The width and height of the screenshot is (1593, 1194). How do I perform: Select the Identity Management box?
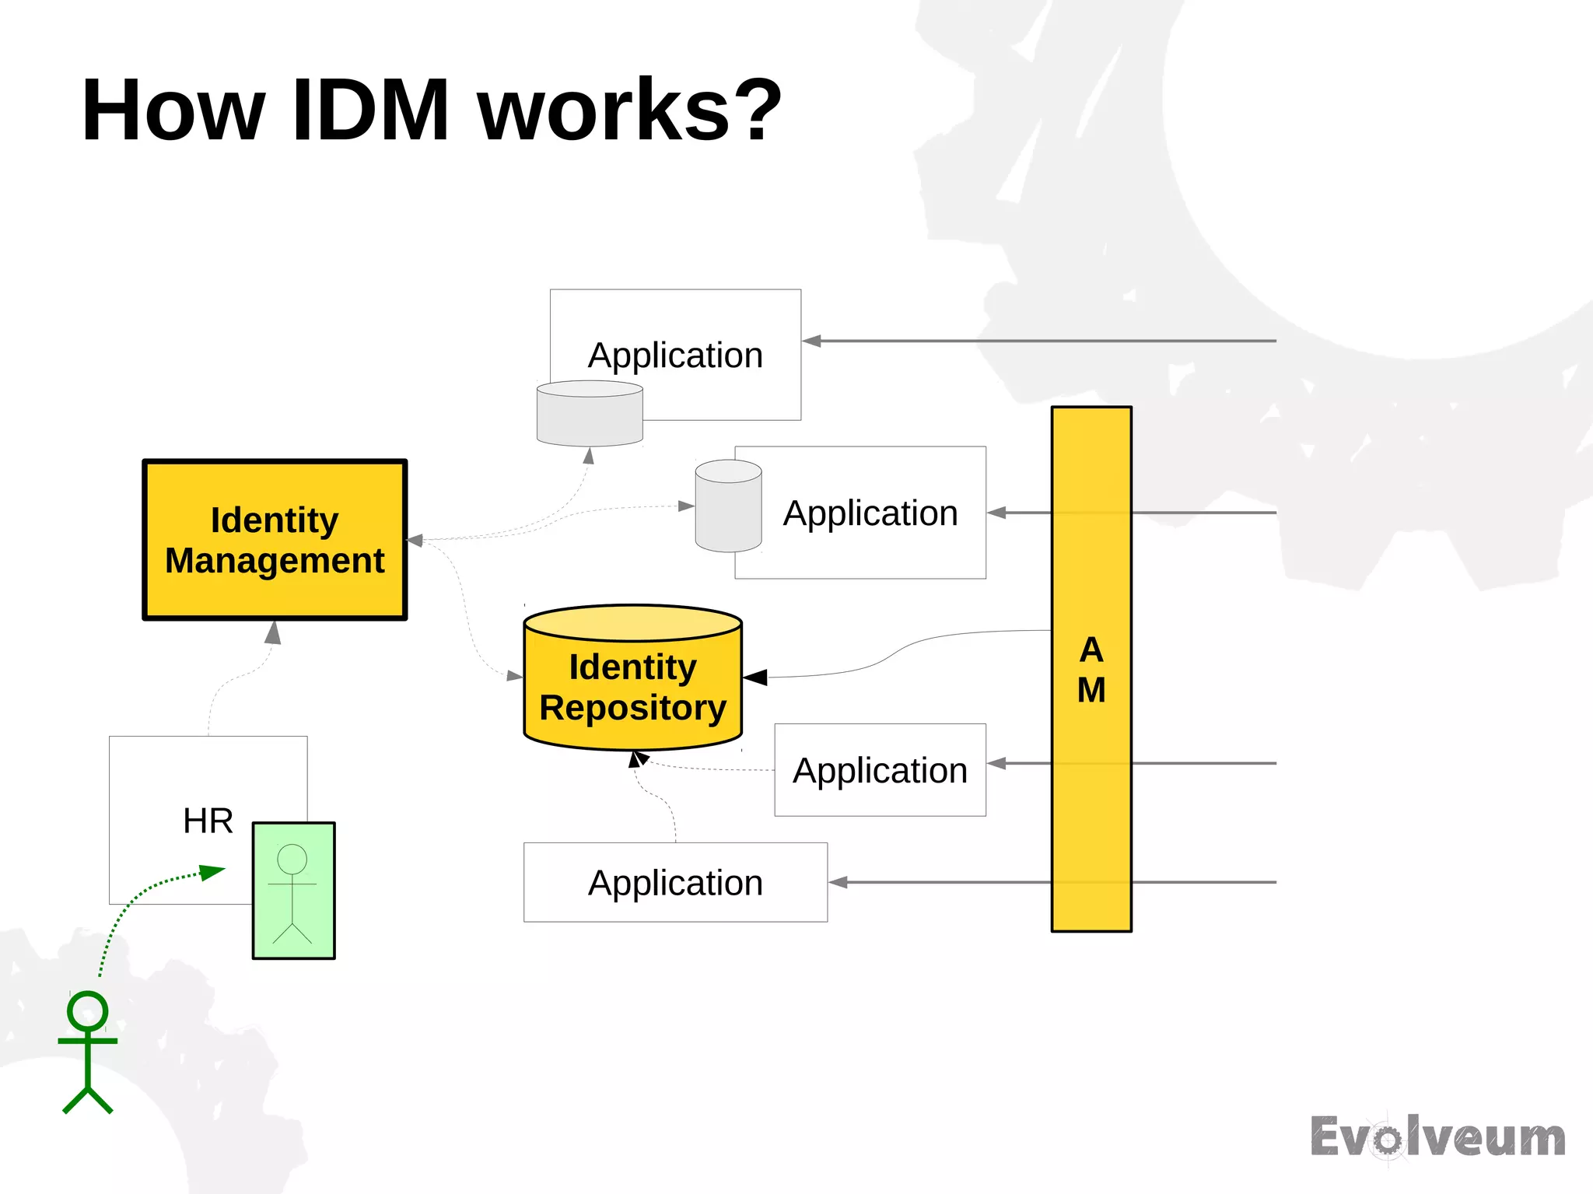point(275,540)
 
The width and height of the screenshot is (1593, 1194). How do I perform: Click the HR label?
point(208,821)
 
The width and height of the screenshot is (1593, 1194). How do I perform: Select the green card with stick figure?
point(293,891)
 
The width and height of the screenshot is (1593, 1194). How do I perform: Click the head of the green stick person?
point(87,1010)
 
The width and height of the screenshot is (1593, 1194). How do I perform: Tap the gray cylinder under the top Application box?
point(590,414)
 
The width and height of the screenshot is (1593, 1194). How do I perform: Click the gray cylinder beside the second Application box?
point(728,506)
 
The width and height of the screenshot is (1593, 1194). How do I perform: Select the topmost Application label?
point(675,355)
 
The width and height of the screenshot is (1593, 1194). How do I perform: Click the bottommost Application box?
point(675,882)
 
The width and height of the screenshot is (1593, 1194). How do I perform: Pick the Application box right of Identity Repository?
point(880,770)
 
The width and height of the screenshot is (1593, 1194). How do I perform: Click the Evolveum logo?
point(1437,1137)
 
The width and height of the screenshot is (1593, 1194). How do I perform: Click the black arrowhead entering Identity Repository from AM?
point(754,678)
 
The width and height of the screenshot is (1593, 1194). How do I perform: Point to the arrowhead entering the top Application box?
point(811,341)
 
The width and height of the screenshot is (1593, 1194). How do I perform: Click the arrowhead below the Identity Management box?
point(272,632)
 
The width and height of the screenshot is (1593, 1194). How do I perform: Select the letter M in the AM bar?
point(1091,689)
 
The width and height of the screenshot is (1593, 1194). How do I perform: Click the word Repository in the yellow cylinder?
point(632,707)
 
